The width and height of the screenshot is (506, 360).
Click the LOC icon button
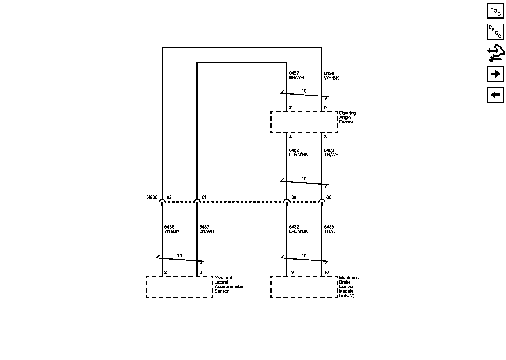[495, 11]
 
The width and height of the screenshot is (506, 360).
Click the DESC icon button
[495, 31]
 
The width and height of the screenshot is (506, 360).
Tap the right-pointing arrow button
[495, 74]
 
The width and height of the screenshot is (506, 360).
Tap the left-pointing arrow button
[495, 95]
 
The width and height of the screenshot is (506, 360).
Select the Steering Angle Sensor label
[347, 118]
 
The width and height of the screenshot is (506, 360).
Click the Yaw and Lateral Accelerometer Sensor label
[229, 284]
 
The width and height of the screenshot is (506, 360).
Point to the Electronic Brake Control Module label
[349, 287]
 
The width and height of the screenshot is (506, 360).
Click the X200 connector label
[152, 197]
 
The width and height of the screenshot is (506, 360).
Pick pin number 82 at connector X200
[169, 197]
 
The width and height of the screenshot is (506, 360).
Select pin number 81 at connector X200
[204, 197]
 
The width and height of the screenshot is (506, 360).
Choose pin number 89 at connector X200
[294, 197]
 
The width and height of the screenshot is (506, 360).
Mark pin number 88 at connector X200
[329, 197]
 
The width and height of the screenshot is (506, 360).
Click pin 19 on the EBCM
[291, 272]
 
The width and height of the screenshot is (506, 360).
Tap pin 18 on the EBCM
[326, 272]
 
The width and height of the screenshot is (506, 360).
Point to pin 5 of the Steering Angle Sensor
[325, 107]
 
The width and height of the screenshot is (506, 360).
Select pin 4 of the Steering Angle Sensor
[290, 137]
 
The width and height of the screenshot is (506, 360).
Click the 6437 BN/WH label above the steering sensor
[296, 75]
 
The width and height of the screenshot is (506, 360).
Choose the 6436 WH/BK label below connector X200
[172, 229]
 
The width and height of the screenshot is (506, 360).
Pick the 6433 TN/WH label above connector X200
[331, 152]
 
